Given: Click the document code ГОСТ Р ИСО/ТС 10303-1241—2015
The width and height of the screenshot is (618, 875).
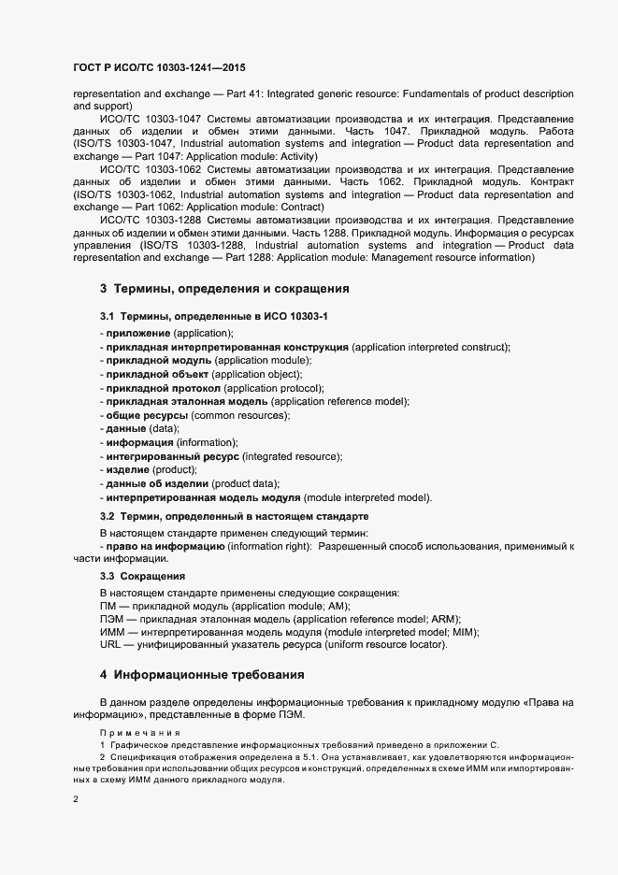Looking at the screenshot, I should (x=159, y=68).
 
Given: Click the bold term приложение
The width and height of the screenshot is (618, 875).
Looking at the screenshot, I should (x=138, y=334).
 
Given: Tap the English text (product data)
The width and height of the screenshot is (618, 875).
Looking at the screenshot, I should (x=246, y=483).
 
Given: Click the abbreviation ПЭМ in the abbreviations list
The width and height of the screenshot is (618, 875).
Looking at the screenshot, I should (x=111, y=619).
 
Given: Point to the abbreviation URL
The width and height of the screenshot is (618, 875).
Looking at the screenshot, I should (x=109, y=646).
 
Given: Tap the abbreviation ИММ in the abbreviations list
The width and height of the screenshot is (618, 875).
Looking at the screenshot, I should (x=111, y=633).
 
